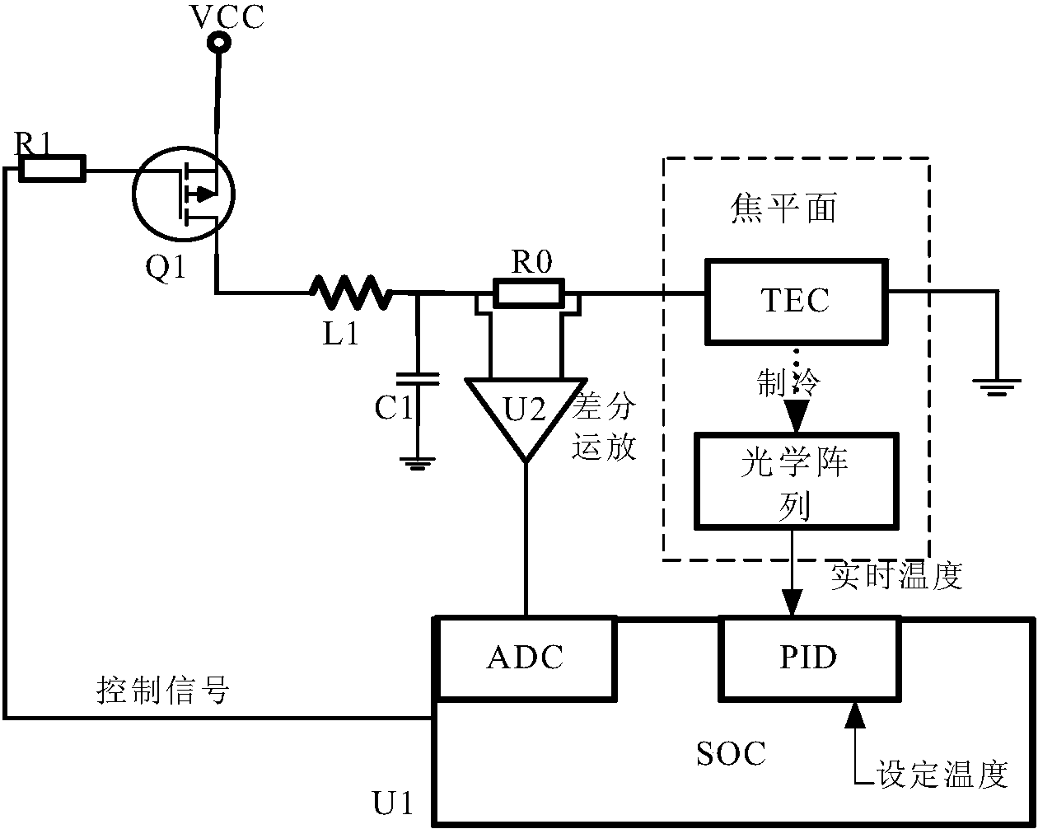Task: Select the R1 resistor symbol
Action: (x=52, y=170)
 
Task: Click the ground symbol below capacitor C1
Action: (x=418, y=463)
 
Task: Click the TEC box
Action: (x=796, y=300)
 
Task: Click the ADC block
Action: (x=526, y=658)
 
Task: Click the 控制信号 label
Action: (x=162, y=691)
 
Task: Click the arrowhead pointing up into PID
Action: (x=855, y=714)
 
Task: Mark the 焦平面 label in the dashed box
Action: (x=784, y=209)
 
